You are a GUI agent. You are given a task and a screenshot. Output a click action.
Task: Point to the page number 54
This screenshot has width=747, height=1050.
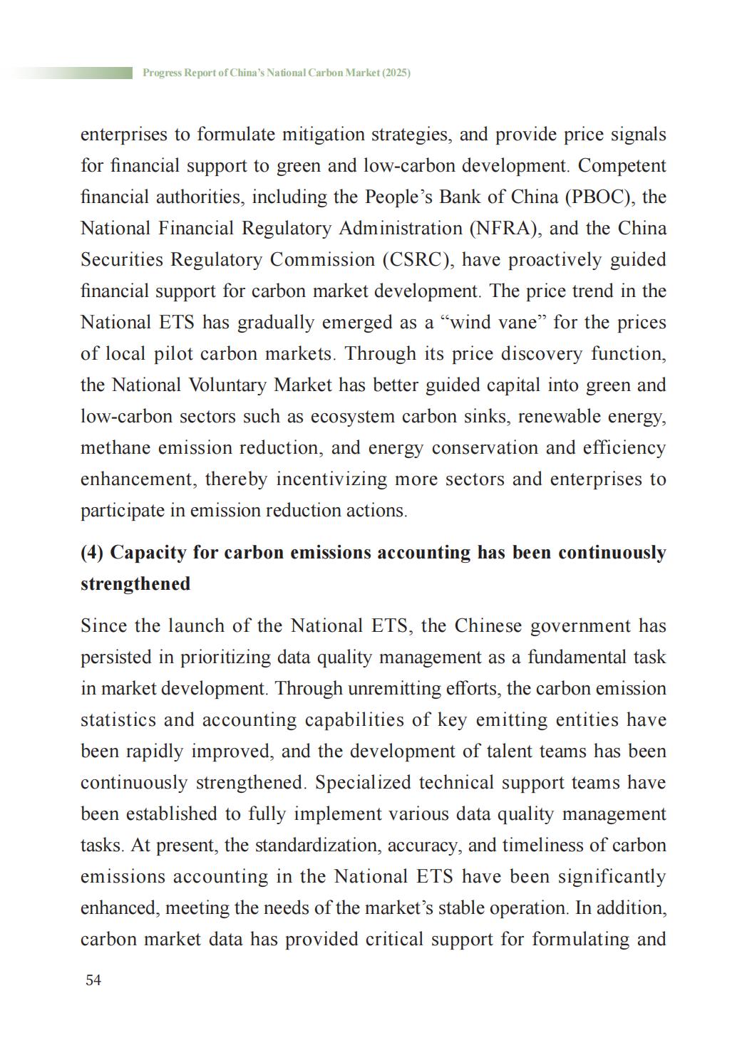click(93, 980)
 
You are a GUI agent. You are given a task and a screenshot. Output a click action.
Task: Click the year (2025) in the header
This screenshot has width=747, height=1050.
click(396, 73)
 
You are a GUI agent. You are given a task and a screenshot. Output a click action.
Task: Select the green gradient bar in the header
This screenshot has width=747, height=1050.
click(71, 73)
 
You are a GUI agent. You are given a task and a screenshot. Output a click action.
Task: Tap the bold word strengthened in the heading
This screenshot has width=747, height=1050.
click(135, 584)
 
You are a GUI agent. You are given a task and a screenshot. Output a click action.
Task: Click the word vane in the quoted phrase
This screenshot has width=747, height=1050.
click(515, 323)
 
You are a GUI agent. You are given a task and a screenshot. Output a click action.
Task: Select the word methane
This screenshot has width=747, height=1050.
click(115, 448)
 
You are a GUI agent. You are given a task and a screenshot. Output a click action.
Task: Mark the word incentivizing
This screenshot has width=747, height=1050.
click(331, 479)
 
